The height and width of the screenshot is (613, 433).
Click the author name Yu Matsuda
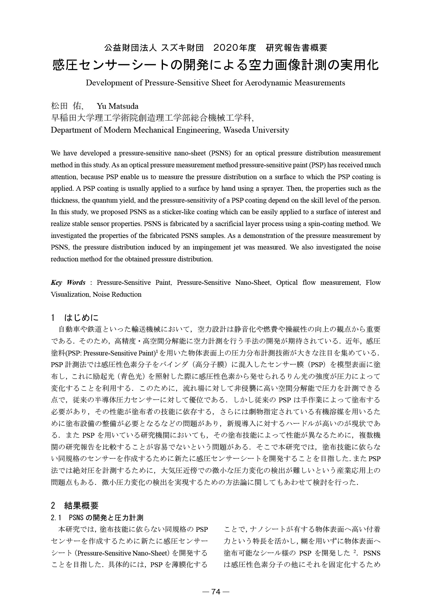[117, 106]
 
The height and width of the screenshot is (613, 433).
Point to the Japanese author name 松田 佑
[67, 106]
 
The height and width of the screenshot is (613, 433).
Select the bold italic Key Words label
[68, 283]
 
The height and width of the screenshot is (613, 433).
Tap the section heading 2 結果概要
[74, 506]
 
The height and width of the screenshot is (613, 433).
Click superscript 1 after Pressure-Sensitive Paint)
[156, 351]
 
